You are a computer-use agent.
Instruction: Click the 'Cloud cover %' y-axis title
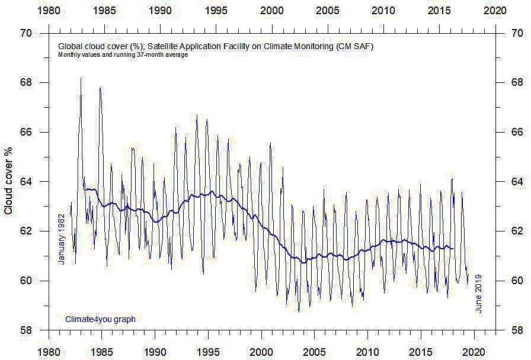(8, 181)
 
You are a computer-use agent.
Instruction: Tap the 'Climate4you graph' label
(100, 319)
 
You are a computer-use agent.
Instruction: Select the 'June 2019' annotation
(479, 293)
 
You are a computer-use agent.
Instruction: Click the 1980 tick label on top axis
(49, 11)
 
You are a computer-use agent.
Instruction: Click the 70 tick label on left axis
(26, 33)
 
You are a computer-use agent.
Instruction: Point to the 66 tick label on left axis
(26, 132)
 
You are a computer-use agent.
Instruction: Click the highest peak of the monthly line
(81, 78)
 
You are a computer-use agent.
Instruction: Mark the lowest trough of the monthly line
(299, 311)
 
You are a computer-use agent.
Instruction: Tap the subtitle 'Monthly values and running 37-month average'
(123, 55)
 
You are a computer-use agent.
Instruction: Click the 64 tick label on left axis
(26, 181)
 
